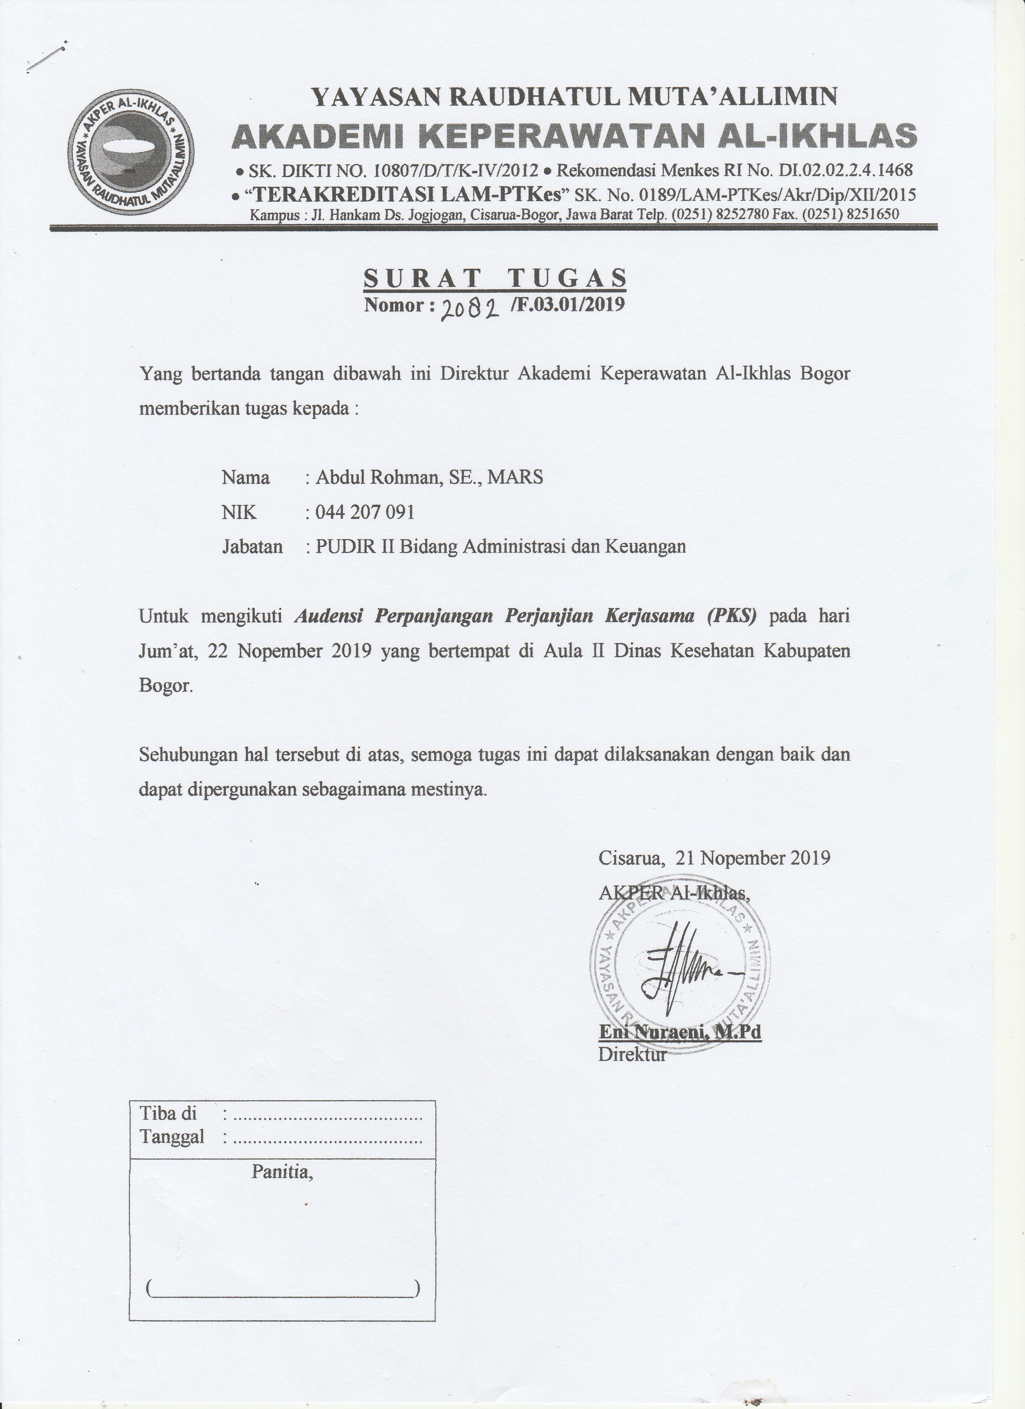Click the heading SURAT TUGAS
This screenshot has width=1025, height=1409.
(494, 278)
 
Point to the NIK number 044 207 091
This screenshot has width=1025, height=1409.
(365, 512)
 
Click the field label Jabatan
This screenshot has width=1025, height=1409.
(252, 547)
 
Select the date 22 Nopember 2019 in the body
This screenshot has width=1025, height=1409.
(290, 651)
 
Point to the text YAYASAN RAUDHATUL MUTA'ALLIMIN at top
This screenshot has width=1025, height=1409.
(574, 96)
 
